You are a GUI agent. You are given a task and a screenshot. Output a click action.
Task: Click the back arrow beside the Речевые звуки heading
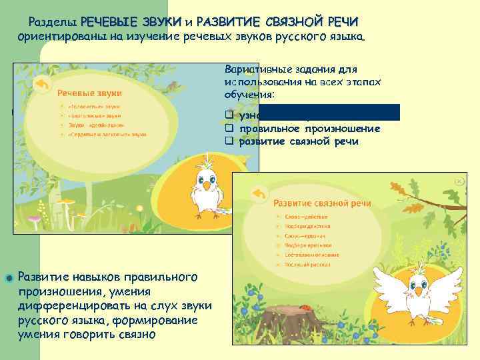coord(41,84)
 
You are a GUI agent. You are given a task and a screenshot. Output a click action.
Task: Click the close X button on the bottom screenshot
coord(459,181)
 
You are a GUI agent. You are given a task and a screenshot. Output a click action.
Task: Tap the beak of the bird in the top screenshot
coord(207,187)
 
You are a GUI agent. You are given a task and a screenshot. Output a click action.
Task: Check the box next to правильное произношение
coord(228,129)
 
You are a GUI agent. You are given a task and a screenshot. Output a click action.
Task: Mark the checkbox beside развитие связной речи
coord(228,141)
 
